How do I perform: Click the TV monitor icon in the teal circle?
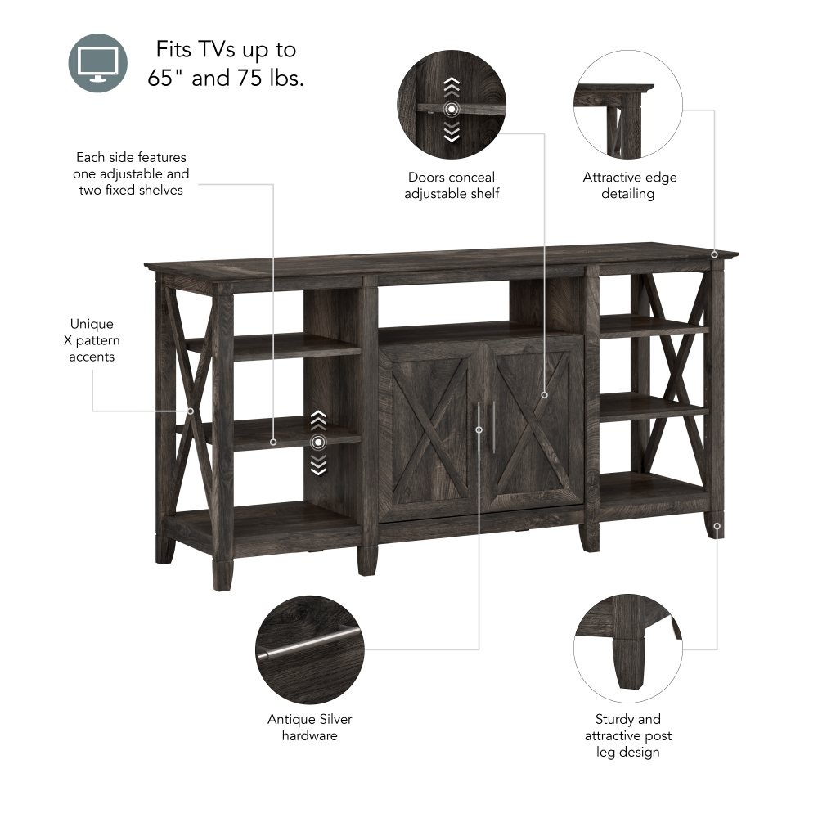(98, 63)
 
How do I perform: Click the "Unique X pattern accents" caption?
(92, 340)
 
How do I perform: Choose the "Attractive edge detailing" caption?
(629, 185)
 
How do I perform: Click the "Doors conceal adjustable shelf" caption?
(452, 185)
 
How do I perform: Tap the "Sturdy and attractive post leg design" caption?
(628, 735)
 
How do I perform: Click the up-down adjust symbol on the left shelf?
(318, 443)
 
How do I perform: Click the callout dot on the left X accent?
(191, 411)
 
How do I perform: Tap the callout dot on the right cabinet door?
(544, 395)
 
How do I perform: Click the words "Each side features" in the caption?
(131, 157)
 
